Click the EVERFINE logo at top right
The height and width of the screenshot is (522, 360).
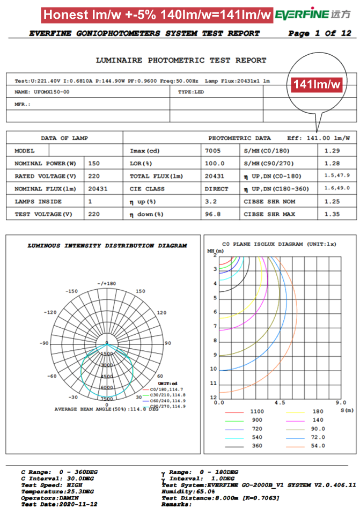click(x=315, y=14)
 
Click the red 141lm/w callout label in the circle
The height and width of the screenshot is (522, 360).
click(x=317, y=84)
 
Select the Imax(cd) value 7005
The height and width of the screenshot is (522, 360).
click(x=213, y=151)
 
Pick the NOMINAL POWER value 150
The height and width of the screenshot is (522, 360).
click(x=94, y=163)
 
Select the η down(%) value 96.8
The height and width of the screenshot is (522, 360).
click(x=211, y=214)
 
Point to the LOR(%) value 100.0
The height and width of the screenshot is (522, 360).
click(x=212, y=163)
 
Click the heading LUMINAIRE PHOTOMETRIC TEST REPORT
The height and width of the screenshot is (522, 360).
click(x=181, y=60)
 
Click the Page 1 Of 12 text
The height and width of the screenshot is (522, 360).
click(x=319, y=33)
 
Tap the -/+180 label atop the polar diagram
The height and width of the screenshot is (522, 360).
click(x=106, y=283)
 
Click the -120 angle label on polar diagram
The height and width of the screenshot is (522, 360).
click(x=51, y=312)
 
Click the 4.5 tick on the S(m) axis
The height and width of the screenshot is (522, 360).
click(x=280, y=402)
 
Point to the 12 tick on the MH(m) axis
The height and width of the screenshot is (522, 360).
click(x=214, y=397)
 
